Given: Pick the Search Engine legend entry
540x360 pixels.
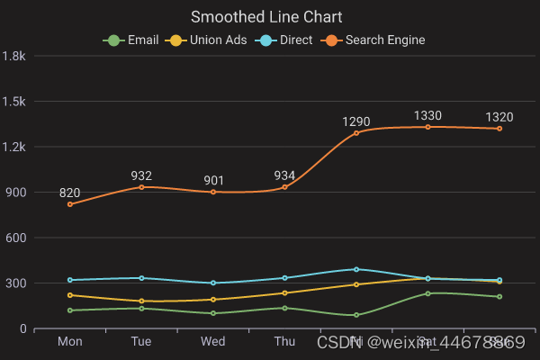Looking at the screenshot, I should (x=378, y=40).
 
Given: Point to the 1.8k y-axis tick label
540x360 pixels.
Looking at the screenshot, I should (x=13, y=55).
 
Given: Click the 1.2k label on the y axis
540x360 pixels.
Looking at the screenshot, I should (x=13, y=147).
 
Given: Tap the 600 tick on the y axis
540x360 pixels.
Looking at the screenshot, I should (x=15, y=238).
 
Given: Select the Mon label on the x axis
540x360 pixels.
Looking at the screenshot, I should (x=69, y=342).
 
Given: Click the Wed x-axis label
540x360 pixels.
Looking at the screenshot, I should (x=212, y=342).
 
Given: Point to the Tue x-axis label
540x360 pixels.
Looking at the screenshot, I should (x=141, y=342).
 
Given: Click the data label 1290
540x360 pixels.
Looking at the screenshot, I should (x=356, y=121).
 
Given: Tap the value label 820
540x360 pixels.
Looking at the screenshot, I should (x=69, y=193).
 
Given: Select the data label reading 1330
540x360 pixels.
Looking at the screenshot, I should (x=427, y=115).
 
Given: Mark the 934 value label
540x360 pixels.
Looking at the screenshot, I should (x=284, y=175).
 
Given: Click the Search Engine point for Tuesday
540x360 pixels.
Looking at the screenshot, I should (x=141, y=187).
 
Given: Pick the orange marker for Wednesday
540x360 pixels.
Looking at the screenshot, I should (x=213, y=192).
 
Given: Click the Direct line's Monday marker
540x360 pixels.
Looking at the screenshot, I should (x=69, y=280).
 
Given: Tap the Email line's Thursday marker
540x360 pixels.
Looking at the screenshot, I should (x=284, y=308).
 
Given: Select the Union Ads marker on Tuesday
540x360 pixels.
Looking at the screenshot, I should (x=141, y=301).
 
